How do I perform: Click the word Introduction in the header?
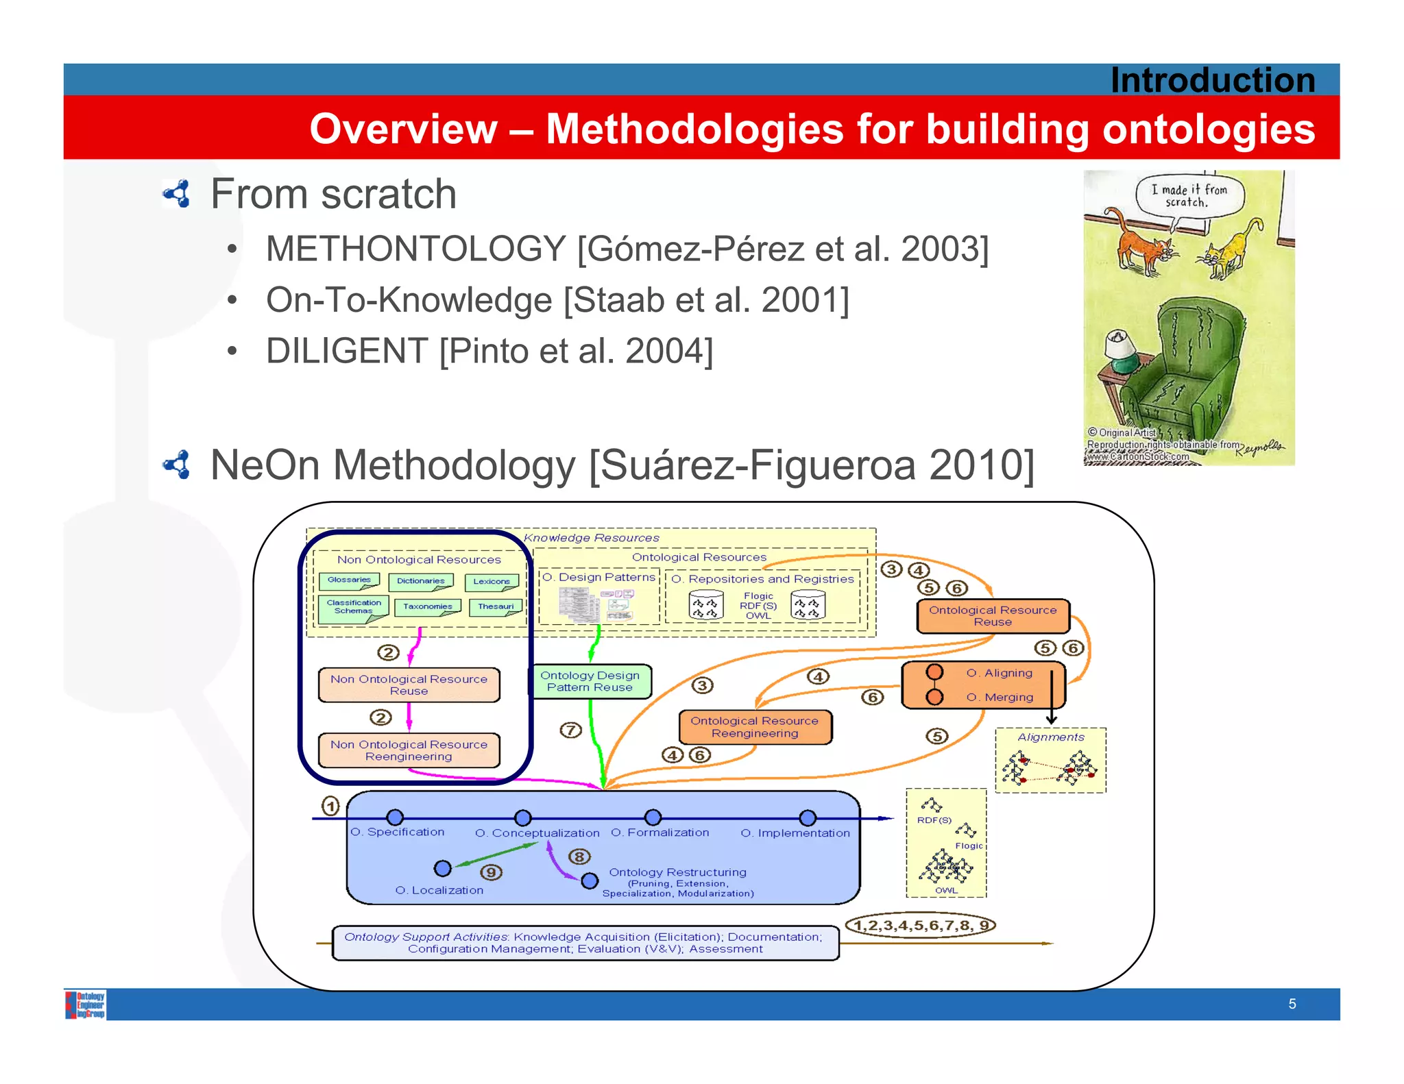coord(1212,80)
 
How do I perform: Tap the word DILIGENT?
coord(347,351)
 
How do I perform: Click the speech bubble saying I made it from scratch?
coord(1189,196)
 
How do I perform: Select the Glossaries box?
coord(349,581)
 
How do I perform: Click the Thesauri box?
coord(495,607)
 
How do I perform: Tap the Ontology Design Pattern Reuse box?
coord(590,681)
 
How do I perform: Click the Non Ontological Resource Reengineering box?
coord(409,750)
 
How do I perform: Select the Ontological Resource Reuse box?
coord(992,616)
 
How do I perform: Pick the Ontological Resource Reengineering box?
coord(754,727)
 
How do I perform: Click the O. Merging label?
coord(999,697)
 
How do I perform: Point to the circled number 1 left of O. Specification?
coord(330,806)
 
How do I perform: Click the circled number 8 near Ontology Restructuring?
coord(579,857)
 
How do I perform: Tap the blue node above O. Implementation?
coord(808,818)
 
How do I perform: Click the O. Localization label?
coord(439,890)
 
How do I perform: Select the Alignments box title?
coord(1050,737)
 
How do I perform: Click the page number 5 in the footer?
coord(1292,1004)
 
